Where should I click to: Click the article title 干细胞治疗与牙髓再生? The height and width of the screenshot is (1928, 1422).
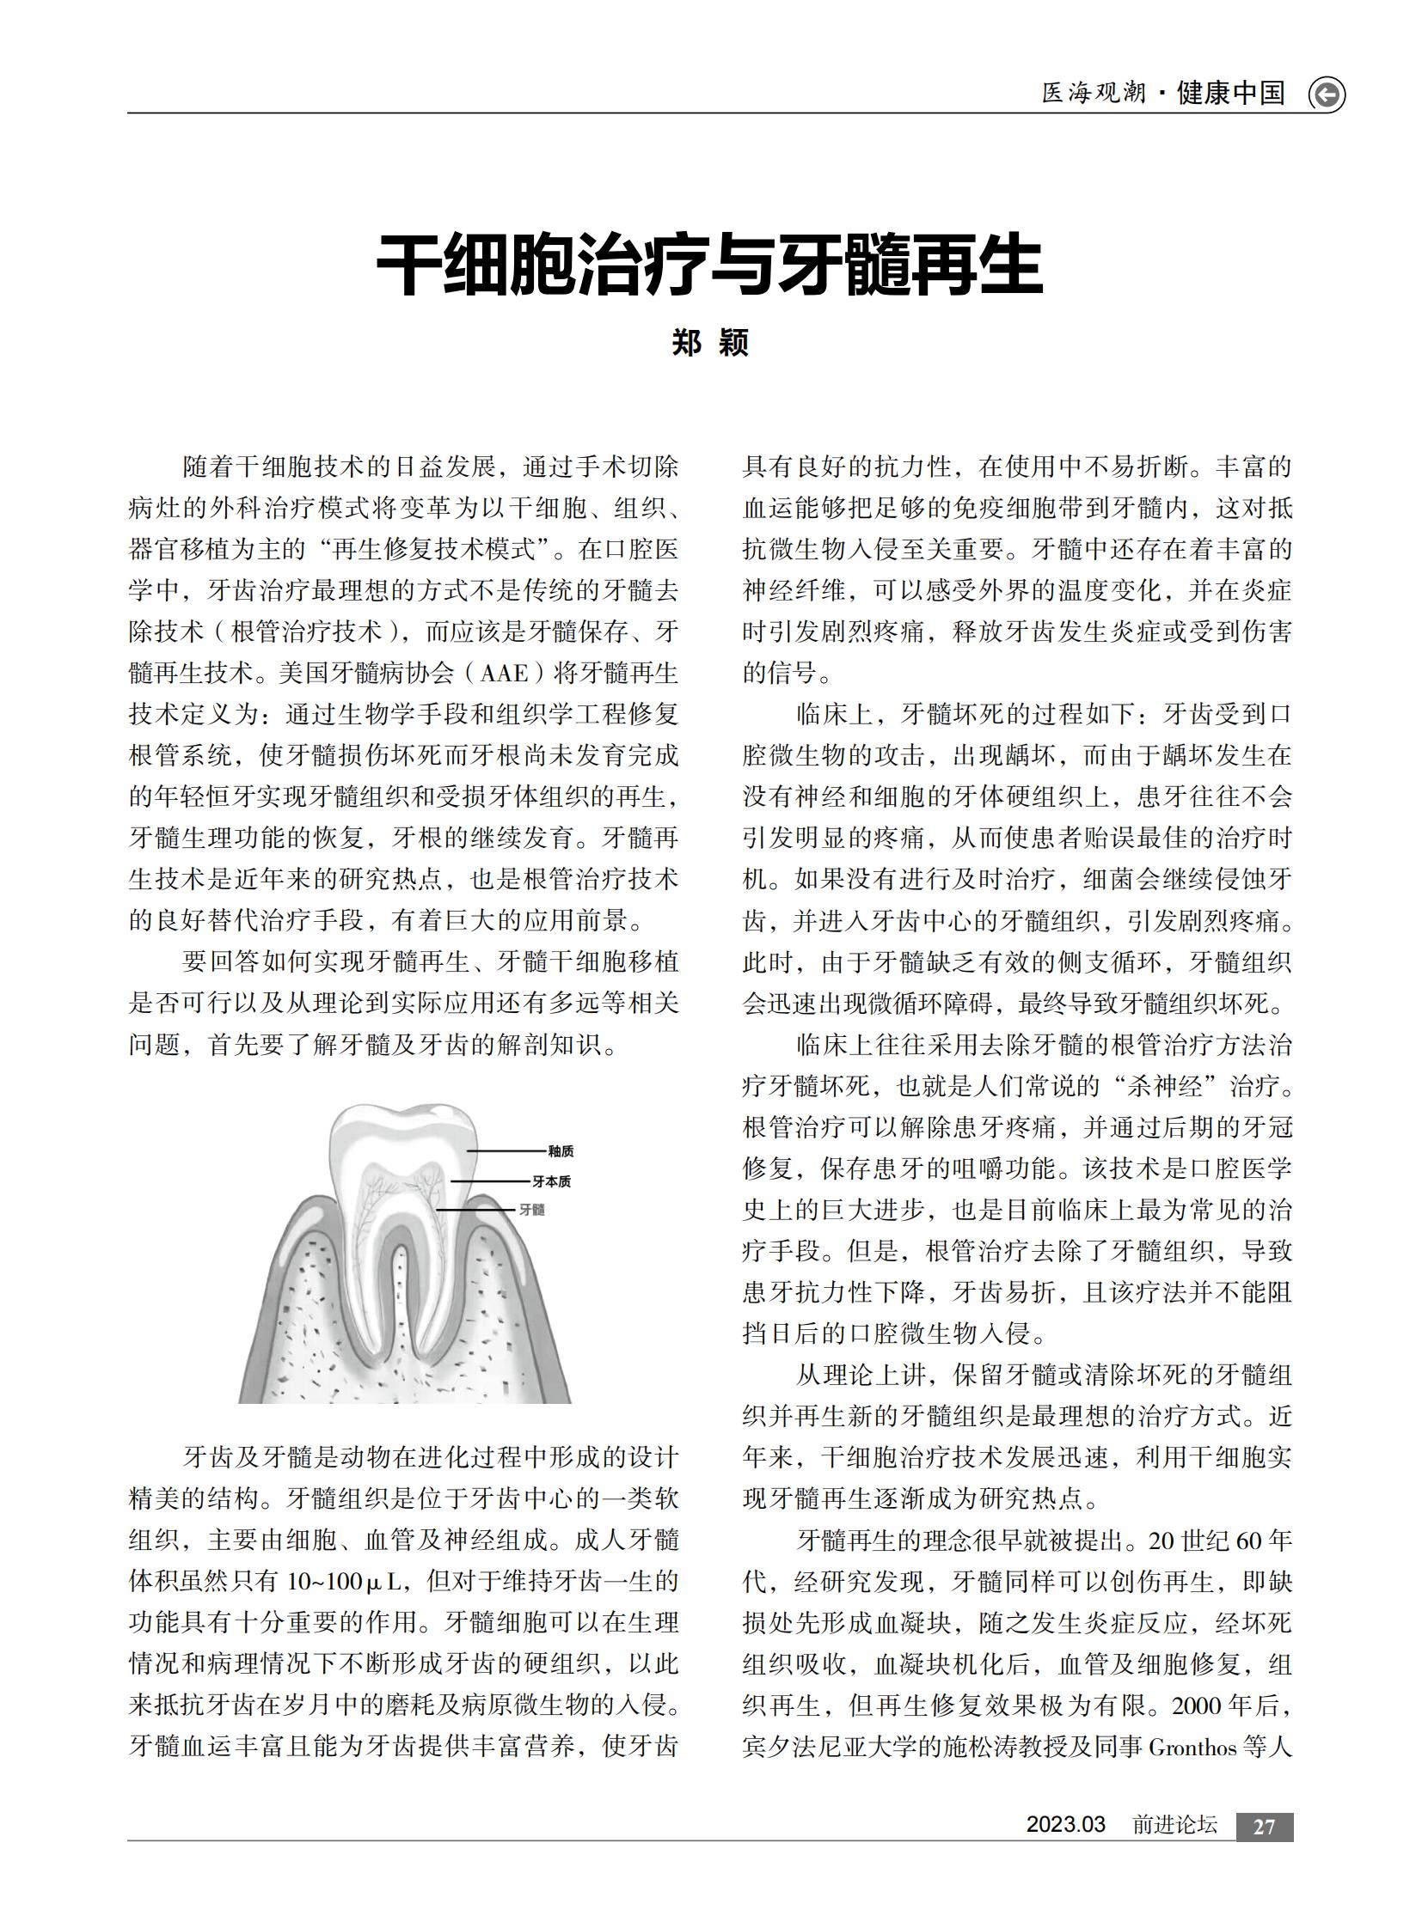pyautogui.click(x=709, y=264)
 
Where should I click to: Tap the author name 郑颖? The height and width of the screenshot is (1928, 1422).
pyautogui.click(x=709, y=343)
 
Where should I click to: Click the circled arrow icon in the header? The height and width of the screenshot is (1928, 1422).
pyautogui.click(x=1327, y=95)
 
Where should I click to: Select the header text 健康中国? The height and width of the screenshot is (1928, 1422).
pyautogui.click(x=1231, y=93)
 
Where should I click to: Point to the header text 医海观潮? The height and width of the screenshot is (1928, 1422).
pyautogui.click(x=1094, y=93)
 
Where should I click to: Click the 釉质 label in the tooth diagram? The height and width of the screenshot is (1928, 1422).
pyautogui.click(x=561, y=1151)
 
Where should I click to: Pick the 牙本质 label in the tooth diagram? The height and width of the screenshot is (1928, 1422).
pyautogui.click(x=551, y=1181)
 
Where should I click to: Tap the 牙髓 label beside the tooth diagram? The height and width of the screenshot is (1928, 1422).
pyautogui.click(x=532, y=1210)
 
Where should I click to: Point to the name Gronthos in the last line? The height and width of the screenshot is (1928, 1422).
pyautogui.click(x=1192, y=1748)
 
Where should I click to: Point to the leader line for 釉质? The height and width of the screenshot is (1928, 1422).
pyautogui.click(x=507, y=1151)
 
